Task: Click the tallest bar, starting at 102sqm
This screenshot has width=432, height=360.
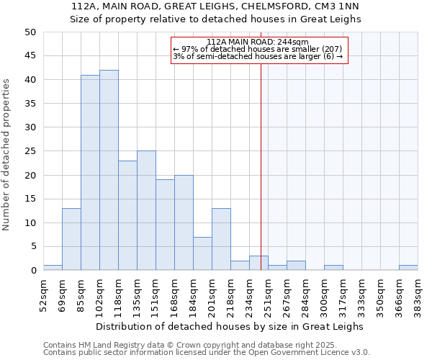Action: [109, 170]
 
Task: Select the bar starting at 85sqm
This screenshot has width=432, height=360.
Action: [90, 173]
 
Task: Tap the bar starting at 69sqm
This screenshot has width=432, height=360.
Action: [71, 239]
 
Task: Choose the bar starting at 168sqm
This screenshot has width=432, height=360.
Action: [184, 222]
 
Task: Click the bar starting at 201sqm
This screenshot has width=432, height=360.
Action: [221, 239]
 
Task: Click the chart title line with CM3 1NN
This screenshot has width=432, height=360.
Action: [215, 6]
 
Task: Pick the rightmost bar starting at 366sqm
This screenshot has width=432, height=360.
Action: [408, 268]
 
